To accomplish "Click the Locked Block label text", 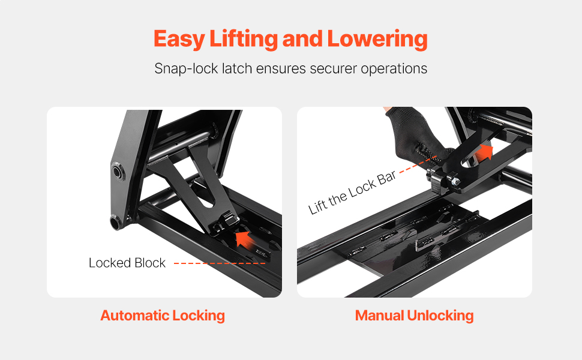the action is (x=127, y=263).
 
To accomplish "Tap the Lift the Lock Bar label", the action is (x=352, y=193).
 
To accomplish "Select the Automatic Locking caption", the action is (x=163, y=316).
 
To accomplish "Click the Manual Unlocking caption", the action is (x=414, y=316).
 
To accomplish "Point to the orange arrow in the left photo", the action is (x=245, y=239).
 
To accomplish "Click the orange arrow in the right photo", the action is (x=484, y=152).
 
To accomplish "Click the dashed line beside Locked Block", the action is (x=220, y=263).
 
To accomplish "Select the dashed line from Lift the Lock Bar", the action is (x=418, y=164).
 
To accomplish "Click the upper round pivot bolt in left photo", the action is (x=119, y=173).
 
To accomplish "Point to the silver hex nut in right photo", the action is (x=455, y=181).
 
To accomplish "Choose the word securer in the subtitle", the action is (x=334, y=69).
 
